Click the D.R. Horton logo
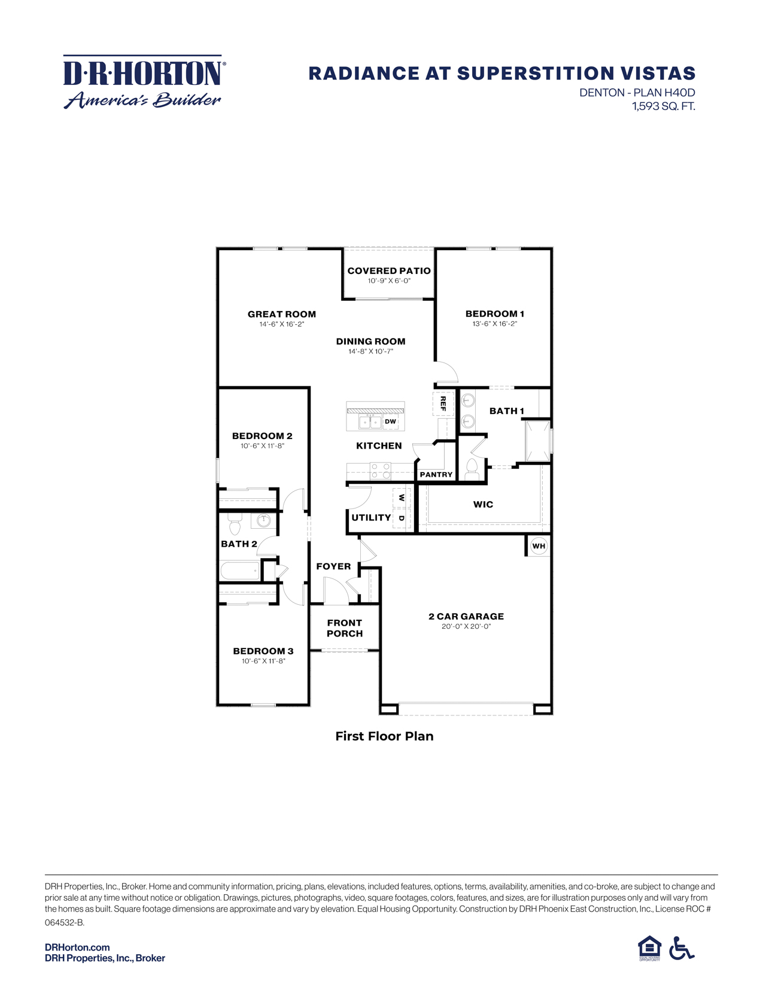coord(144,83)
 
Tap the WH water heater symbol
coord(539,546)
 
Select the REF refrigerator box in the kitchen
coord(443,403)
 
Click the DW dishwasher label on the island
coord(390,422)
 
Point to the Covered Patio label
coord(389,271)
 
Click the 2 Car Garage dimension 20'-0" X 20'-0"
coord(466,626)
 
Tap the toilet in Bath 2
coord(235,525)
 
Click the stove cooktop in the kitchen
coord(380,471)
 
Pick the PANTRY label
coord(436,474)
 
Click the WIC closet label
coord(483,504)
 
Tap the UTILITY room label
coord(371,517)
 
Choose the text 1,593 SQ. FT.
coord(664,106)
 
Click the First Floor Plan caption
coord(384,736)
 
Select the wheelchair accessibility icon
coord(681,948)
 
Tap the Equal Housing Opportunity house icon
coord(649,948)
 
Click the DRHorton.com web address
coord(77,947)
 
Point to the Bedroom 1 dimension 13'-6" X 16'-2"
coord(494,324)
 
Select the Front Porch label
coord(345,628)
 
